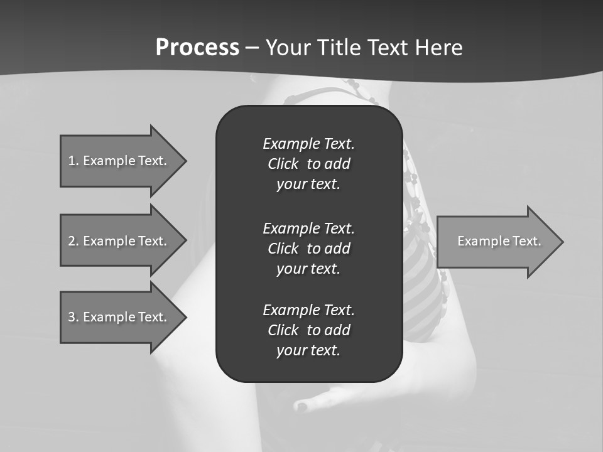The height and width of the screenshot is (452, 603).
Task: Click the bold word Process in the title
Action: (197, 48)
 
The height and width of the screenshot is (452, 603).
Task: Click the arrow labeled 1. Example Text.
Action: (119, 161)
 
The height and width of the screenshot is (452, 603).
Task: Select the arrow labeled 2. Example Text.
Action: (119, 241)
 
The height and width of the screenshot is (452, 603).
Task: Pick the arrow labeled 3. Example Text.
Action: (119, 317)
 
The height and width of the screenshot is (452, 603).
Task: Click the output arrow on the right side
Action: (496, 241)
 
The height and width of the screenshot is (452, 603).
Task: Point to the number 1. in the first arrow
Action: (73, 161)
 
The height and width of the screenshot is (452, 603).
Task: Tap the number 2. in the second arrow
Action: (73, 241)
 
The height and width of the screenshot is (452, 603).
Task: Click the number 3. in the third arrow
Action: (73, 317)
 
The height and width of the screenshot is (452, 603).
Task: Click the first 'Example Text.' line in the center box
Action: (308, 144)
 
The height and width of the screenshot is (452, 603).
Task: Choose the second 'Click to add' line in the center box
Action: (308, 249)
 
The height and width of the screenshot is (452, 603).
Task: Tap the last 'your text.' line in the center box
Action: (308, 351)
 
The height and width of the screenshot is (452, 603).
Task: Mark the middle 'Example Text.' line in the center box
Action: (308, 229)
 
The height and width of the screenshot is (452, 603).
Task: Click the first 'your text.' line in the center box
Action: (308, 185)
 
